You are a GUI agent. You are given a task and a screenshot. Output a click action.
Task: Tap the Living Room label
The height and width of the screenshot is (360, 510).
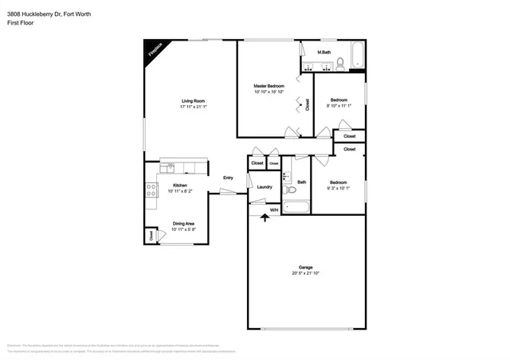click(x=193, y=101)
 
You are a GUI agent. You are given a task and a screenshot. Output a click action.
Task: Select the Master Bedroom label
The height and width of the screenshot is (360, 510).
click(x=269, y=85)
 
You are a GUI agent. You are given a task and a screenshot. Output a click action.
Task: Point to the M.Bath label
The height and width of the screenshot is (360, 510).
click(x=325, y=53)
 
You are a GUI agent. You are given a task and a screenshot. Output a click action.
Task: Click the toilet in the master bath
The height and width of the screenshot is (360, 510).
click(x=339, y=63)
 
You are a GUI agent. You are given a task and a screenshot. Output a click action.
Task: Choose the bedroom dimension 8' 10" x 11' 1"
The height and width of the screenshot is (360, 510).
click(x=339, y=105)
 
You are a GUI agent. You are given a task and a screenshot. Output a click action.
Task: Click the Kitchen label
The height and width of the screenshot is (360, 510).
click(x=179, y=186)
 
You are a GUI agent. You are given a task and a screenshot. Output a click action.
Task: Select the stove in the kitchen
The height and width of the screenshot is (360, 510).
click(x=150, y=190)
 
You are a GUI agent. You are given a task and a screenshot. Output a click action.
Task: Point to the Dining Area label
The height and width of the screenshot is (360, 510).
click(x=183, y=224)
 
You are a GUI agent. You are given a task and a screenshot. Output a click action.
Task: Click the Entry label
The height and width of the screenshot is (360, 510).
click(x=228, y=178)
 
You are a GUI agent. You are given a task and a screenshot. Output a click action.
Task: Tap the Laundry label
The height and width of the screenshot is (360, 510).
click(x=265, y=187)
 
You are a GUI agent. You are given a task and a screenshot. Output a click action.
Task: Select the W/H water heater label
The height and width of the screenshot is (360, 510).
click(x=273, y=210)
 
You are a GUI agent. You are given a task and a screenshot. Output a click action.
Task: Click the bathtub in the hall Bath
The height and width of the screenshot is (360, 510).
click(x=296, y=209)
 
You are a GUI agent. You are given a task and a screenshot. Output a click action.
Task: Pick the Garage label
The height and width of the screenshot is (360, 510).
click(x=306, y=268)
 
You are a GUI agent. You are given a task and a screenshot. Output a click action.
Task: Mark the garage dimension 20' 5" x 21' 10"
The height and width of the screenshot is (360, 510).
click(x=306, y=273)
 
